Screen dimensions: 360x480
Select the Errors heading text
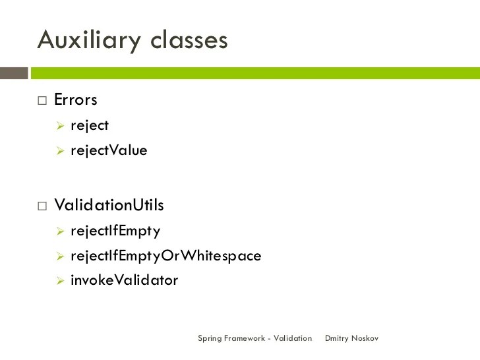click(x=76, y=100)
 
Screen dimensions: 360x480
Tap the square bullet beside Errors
click(x=43, y=101)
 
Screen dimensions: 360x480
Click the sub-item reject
click(x=90, y=125)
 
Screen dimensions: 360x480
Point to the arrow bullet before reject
click(x=59, y=125)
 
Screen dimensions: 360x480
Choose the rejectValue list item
click(x=109, y=150)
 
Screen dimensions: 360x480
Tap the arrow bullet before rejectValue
click(x=59, y=150)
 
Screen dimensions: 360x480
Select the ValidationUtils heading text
click(x=109, y=205)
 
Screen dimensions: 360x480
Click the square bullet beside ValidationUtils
click(x=43, y=206)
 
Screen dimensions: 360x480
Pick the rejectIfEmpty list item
click(x=115, y=231)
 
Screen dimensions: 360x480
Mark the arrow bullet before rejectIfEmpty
click(x=59, y=231)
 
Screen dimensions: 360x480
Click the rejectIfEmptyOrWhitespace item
click(x=165, y=256)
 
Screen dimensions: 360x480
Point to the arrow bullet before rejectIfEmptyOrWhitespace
click(x=59, y=256)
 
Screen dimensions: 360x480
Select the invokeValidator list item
click(x=124, y=280)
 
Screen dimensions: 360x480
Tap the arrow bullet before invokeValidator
click(x=59, y=280)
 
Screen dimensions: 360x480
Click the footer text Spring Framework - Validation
click(x=255, y=338)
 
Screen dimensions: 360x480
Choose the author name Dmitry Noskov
click(x=352, y=338)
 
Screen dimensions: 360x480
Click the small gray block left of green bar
click(x=14, y=73)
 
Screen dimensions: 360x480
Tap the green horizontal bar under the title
click(x=255, y=73)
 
